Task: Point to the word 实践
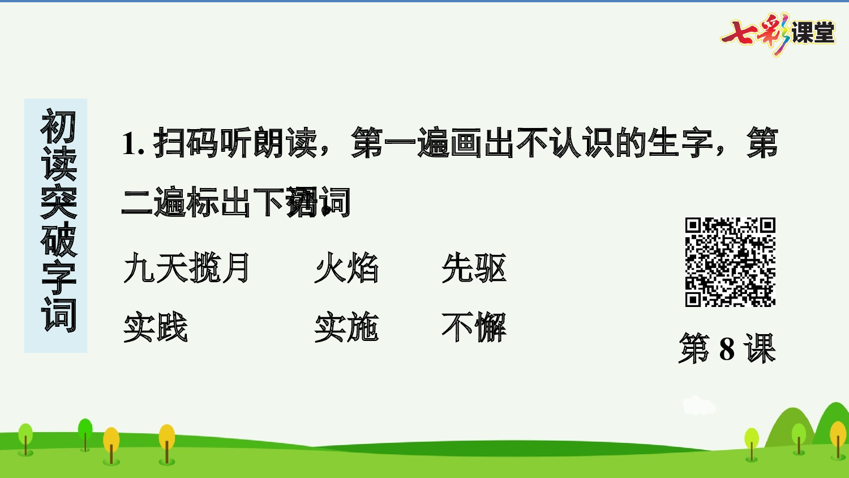pos(156,327)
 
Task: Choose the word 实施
pos(346,327)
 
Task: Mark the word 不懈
pos(474,327)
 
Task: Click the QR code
pos(730,262)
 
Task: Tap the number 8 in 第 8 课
pos(727,349)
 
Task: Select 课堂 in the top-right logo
pos(813,33)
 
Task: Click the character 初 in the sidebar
pos(58,126)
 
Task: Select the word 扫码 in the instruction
pos(186,143)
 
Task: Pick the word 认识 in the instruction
pos(582,143)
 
